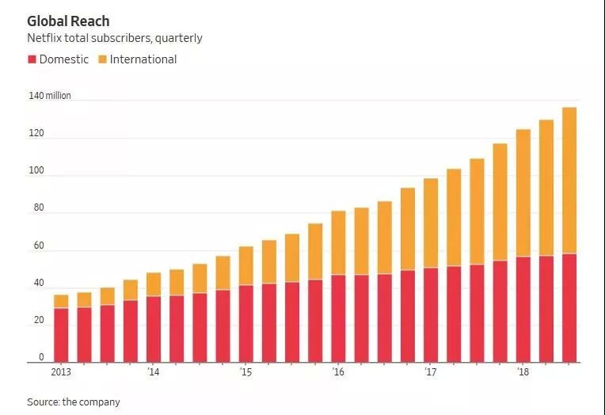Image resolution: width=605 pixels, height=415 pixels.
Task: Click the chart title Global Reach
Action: pyautogui.click(x=68, y=21)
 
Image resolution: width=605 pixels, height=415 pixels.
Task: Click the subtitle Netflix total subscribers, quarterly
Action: pyautogui.click(x=115, y=38)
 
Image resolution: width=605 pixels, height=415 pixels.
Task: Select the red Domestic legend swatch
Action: pyautogui.click(x=32, y=59)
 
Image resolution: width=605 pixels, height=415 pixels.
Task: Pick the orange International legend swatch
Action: pyautogui.click(x=102, y=59)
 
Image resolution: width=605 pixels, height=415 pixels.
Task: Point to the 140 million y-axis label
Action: pyautogui.click(x=49, y=96)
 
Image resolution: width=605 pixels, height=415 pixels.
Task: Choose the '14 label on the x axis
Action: pyautogui.click(x=153, y=371)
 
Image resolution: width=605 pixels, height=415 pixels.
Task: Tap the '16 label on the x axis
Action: pyautogui.click(x=338, y=371)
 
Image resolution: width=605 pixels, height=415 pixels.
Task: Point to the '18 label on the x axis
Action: pyautogui.click(x=523, y=371)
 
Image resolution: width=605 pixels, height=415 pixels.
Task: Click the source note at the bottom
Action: pyautogui.click(x=74, y=402)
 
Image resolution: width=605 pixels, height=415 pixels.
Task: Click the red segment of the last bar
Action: pyautogui.click(x=569, y=308)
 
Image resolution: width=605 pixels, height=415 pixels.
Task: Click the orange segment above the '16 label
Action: pyautogui.click(x=338, y=242)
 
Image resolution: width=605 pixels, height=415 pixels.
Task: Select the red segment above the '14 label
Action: pyautogui.click(x=153, y=329)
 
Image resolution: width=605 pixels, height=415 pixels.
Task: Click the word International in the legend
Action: pyautogui.click(x=143, y=59)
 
